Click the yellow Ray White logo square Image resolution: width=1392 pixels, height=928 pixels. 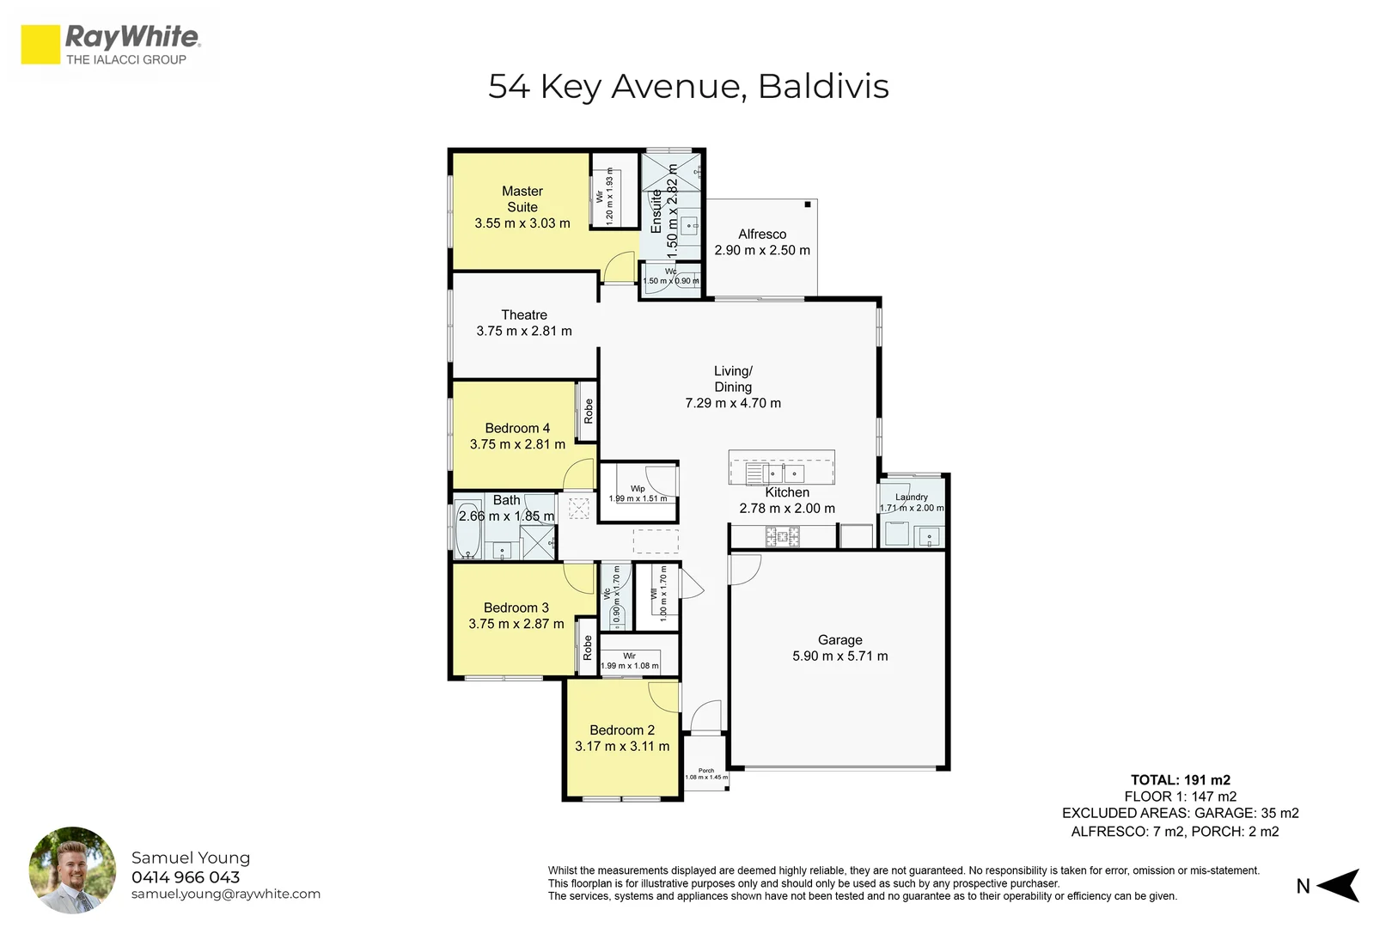40,45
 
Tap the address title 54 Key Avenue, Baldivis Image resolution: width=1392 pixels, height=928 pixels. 688,87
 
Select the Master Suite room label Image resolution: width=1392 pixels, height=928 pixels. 522,199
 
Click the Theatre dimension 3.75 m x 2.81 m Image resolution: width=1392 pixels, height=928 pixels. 524,331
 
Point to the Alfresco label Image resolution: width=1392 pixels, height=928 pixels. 762,234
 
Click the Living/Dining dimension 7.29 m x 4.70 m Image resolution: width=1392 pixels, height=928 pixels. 733,403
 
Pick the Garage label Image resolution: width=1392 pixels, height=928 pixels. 839,640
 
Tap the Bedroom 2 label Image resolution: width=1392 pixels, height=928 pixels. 622,730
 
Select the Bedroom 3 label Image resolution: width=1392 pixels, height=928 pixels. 516,608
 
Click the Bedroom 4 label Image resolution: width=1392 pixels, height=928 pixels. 517,428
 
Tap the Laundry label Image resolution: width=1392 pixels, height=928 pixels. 912,497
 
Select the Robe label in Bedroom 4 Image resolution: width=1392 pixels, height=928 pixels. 589,412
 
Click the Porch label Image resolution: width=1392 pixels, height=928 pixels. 706,771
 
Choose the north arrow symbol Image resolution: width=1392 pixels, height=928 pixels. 1338,885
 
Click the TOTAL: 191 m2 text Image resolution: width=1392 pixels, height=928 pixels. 1180,780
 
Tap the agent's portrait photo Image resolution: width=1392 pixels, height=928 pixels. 72,870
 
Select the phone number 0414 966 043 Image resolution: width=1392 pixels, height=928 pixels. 186,877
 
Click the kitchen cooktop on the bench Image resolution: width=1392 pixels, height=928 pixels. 783,538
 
